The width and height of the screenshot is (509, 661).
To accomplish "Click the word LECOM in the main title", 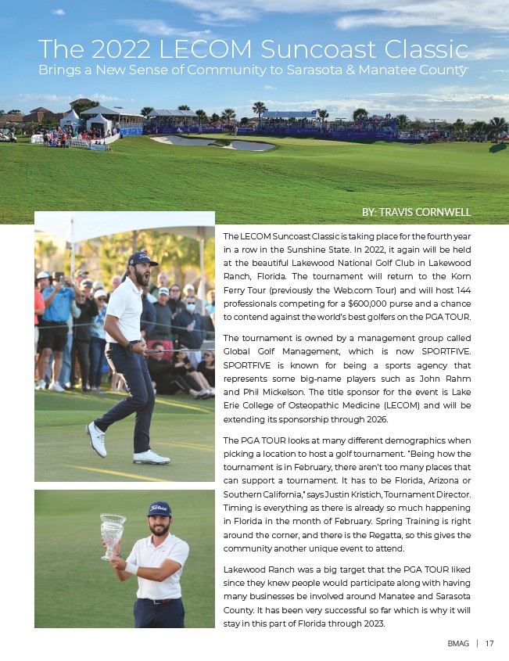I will (x=201, y=50).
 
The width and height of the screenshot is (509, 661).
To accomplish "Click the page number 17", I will (x=489, y=644).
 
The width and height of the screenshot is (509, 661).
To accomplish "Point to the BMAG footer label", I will (x=458, y=644).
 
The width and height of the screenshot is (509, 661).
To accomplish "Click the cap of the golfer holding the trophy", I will (x=160, y=509).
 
